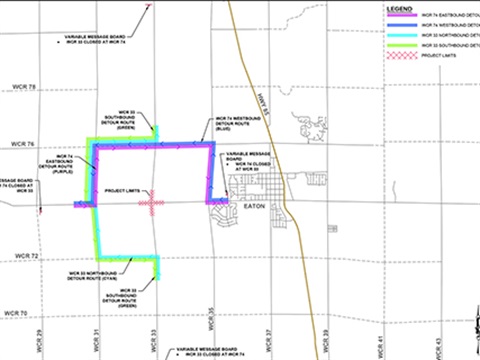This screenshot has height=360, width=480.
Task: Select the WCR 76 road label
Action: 22,144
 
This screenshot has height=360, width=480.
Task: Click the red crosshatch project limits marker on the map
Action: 152,203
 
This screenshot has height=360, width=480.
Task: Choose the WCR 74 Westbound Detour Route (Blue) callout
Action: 236,126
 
